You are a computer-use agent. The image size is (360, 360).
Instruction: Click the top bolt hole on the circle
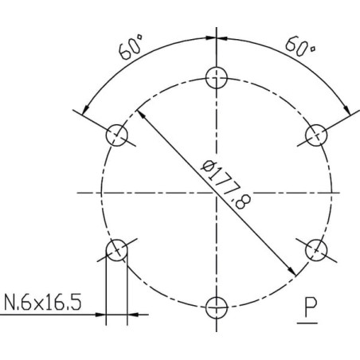tap(217, 78)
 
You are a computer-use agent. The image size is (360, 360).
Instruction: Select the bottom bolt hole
tap(217, 307)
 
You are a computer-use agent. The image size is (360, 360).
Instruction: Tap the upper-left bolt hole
tap(117, 135)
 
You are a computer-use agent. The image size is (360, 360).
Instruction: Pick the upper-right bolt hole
tap(316, 135)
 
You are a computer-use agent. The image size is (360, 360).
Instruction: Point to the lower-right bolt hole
tap(316, 250)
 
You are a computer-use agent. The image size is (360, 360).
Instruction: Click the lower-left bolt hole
tap(117, 250)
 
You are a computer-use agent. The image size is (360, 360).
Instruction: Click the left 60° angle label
tap(131, 47)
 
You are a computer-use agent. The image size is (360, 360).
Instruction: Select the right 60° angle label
tap(300, 47)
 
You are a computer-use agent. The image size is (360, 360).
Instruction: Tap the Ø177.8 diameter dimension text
tap(225, 185)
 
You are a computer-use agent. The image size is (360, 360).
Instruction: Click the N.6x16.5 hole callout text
tap(43, 302)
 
